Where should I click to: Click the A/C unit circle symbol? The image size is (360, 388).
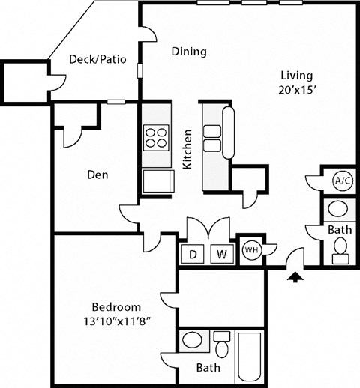click(x=342, y=181)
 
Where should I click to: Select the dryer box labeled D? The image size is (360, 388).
click(x=193, y=254)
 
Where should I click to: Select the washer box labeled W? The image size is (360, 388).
click(x=222, y=254)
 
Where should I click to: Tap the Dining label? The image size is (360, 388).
click(x=189, y=52)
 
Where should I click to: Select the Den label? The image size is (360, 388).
click(x=97, y=175)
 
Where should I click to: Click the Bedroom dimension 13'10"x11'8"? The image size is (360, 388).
click(x=115, y=321)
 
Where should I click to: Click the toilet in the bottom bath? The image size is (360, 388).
click(x=221, y=347)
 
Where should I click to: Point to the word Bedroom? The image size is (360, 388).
click(x=115, y=306)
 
